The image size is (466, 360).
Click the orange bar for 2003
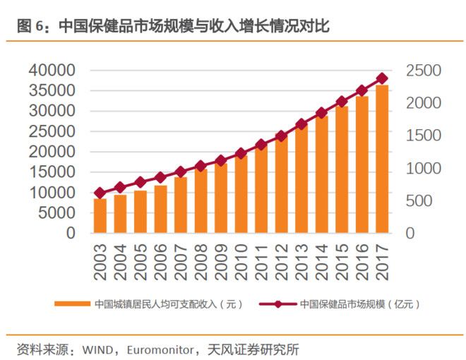point(100,215)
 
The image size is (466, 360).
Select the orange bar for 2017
point(382,159)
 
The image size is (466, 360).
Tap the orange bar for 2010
point(241,193)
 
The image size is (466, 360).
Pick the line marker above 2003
point(100,193)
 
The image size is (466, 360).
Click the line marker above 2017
point(382,78)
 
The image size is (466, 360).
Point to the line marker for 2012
point(281,136)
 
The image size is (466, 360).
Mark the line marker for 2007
point(181,172)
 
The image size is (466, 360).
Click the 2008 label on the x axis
point(201,255)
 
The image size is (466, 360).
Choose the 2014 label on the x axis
point(322,255)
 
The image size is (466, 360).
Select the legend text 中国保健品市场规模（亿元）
point(360,304)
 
